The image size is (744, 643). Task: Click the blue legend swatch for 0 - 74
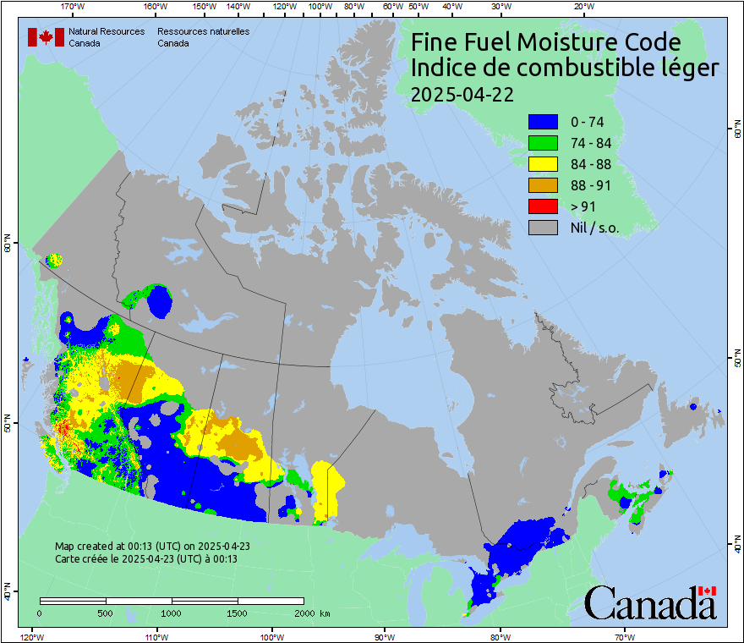542,122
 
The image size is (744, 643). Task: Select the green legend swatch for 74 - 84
542,143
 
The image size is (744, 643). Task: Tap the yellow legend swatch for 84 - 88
542,164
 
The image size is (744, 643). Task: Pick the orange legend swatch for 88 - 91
542,185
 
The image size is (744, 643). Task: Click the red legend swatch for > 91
542,206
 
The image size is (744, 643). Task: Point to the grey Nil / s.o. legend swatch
542,228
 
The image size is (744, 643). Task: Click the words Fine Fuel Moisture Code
545,42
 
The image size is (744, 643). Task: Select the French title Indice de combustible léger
564,69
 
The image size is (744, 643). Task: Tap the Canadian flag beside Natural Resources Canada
46,36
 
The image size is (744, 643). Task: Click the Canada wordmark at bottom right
649,603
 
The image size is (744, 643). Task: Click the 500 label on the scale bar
106,613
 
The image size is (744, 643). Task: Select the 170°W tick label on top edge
73,7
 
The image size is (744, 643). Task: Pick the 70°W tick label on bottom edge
625,636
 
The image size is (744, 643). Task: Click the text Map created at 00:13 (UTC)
152,547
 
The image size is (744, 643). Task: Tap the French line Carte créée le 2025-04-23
145,559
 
